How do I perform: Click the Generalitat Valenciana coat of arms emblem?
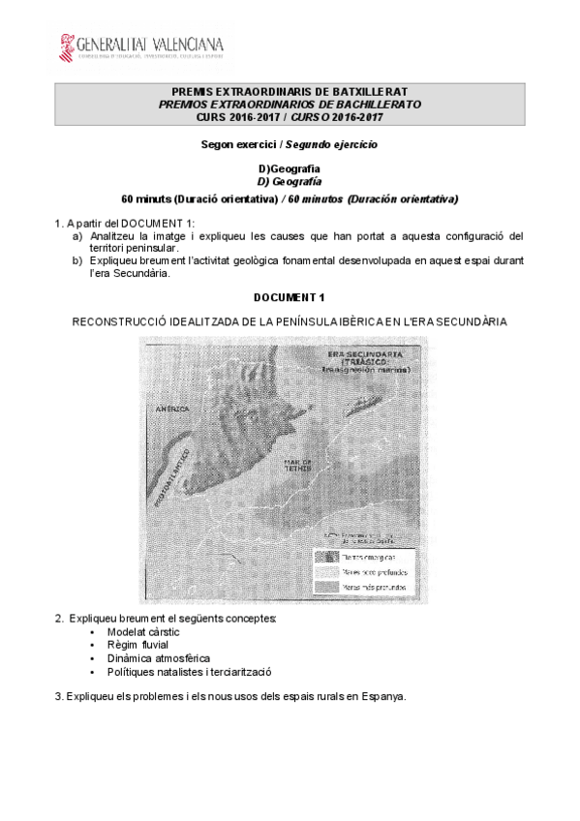tap(68, 46)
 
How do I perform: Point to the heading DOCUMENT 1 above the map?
tap(290, 297)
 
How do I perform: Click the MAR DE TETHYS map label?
tap(297, 467)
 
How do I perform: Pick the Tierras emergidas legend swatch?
tap(325, 557)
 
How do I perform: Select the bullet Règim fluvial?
tap(139, 644)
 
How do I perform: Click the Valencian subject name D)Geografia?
tap(290, 168)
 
